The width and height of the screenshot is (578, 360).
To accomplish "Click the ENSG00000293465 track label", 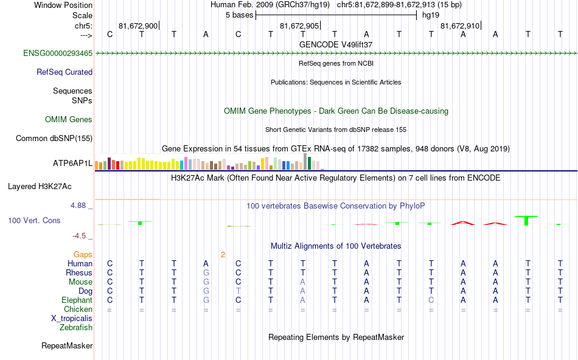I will [x=58, y=54].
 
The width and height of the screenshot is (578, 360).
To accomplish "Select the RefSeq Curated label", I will [x=64, y=72].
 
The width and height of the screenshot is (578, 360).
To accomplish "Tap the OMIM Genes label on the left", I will [x=69, y=120].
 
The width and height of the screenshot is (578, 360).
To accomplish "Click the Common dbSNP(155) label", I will [x=54, y=139].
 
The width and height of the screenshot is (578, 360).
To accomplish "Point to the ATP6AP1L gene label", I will [x=72, y=164].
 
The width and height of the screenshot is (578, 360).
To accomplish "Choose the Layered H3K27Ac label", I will [x=50, y=186].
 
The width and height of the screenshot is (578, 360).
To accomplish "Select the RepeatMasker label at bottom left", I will [x=67, y=346].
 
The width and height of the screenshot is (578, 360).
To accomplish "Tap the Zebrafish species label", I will [x=76, y=327].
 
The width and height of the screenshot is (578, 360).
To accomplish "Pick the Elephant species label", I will [x=77, y=300].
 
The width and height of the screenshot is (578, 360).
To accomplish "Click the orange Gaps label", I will [x=83, y=254].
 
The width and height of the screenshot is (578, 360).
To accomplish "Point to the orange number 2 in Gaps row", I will [x=223, y=254].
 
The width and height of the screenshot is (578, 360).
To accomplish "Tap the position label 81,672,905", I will [x=299, y=26].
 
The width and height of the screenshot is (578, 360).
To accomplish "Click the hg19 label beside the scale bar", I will [x=431, y=15].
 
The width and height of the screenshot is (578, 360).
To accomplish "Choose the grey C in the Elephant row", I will [x=431, y=300].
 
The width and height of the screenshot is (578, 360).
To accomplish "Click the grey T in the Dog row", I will [x=239, y=291].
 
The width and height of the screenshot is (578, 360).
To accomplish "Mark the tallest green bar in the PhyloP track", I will [x=526, y=220].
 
